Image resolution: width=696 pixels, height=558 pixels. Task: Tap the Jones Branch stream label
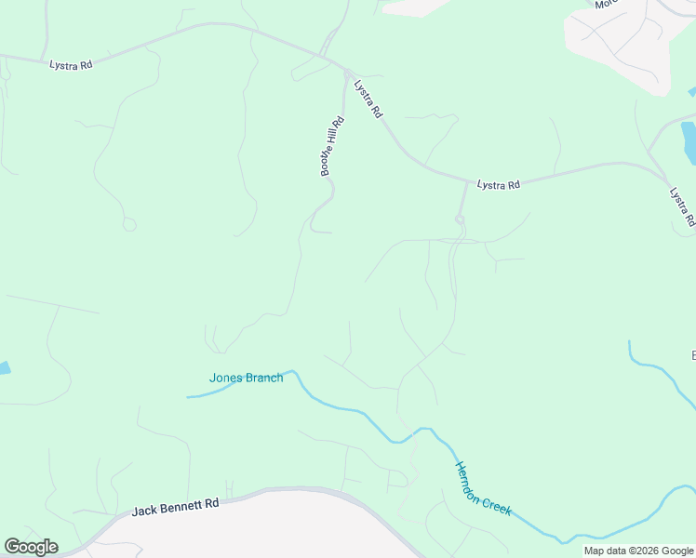click(x=246, y=378)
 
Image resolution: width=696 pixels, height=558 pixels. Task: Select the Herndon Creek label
click(x=482, y=488)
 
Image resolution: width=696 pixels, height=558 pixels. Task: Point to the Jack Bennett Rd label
click(x=175, y=506)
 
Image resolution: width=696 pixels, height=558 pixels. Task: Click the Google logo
click(x=31, y=547)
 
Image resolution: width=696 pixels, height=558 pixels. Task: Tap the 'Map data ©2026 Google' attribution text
click(x=639, y=551)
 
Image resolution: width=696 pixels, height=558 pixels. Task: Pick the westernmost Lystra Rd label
click(x=71, y=65)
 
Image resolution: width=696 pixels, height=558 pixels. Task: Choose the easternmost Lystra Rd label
click(x=682, y=207)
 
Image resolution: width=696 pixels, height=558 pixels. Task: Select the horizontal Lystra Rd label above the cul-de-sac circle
click(x=498, y=185)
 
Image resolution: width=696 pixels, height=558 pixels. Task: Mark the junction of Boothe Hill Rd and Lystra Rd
click(x=345, y=72)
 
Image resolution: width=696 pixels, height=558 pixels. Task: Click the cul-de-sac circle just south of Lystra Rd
click(x=460, y=219)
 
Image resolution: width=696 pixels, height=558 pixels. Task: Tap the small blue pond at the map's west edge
click(x=4, y=367)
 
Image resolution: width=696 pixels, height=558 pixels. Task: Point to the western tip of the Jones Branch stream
click(x=189, y=397)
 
